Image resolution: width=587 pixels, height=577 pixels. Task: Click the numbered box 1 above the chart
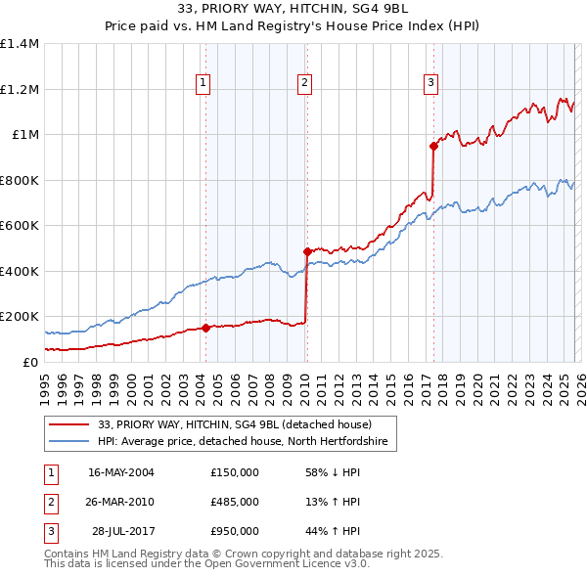(203, 83)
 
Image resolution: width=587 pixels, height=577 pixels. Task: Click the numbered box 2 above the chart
(305, 83)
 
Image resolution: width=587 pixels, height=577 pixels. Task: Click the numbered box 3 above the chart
(429, 83)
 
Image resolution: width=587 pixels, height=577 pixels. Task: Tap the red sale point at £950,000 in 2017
(432, 147)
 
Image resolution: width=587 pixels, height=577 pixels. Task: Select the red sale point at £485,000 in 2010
(306, 252)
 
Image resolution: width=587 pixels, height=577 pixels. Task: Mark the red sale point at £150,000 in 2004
(205, 328)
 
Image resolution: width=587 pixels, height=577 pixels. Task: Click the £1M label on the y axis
(24, 135)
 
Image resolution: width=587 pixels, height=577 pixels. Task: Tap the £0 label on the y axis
(31, 362)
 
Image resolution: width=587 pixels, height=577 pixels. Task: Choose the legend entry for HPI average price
(243, 442)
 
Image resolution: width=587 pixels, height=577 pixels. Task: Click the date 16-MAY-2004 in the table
(121, 472)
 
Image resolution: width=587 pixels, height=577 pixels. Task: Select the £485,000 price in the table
(235, 502)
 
